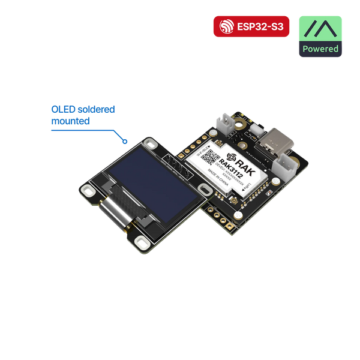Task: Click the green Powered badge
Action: pyautogui.click(x=320, y=36)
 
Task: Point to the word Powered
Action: pyautogui.click(x=320, y=49)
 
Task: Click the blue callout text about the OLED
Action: pyautogui.click(x=82, y=115)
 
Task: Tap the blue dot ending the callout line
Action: pyautogui.click(x=125, y=142)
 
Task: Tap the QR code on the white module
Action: pyautogui.click(x=208, y=157)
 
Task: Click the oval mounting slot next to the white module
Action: pyautogui.click(x=206, y=190)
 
